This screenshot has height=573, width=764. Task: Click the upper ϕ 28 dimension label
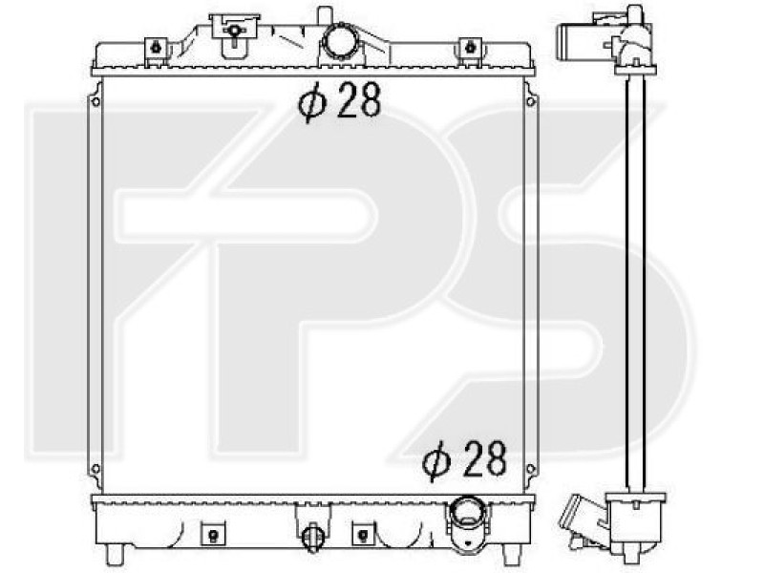pyautogui.click(x=340, y=100)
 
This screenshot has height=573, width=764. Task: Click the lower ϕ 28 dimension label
pyautogui.click(x=465, y=459)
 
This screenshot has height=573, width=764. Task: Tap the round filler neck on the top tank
pyautogui.click(x=342, y=40)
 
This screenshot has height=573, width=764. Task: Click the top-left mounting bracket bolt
pyautogui.click(x=156, y=47)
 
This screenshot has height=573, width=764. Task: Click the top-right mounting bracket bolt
pyautogui.click(x=470, y=47)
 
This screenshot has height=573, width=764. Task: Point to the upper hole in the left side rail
pyautogui.click(x=95, y=101)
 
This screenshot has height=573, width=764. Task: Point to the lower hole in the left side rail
pyautogui.click(x=95, y=469)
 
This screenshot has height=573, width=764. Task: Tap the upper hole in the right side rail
pyautogui.click(x=531, y=101)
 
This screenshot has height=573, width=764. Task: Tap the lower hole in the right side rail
pyautogui.click(x=531, y=469)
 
